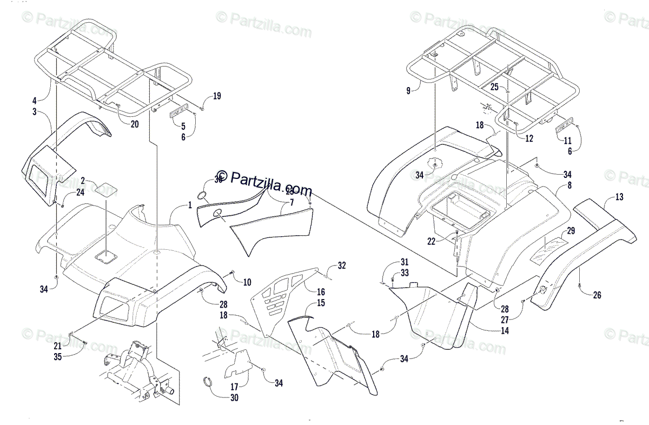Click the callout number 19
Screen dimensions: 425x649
(216, 97)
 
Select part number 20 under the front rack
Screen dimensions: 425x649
(134, 123)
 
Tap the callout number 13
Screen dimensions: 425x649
(619, 198)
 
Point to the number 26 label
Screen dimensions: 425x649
(597, 295)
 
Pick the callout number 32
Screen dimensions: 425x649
(341, 265)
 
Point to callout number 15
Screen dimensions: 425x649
(321, 303)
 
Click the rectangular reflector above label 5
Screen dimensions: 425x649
(180, 112)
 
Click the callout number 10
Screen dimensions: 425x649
(247, 282)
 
